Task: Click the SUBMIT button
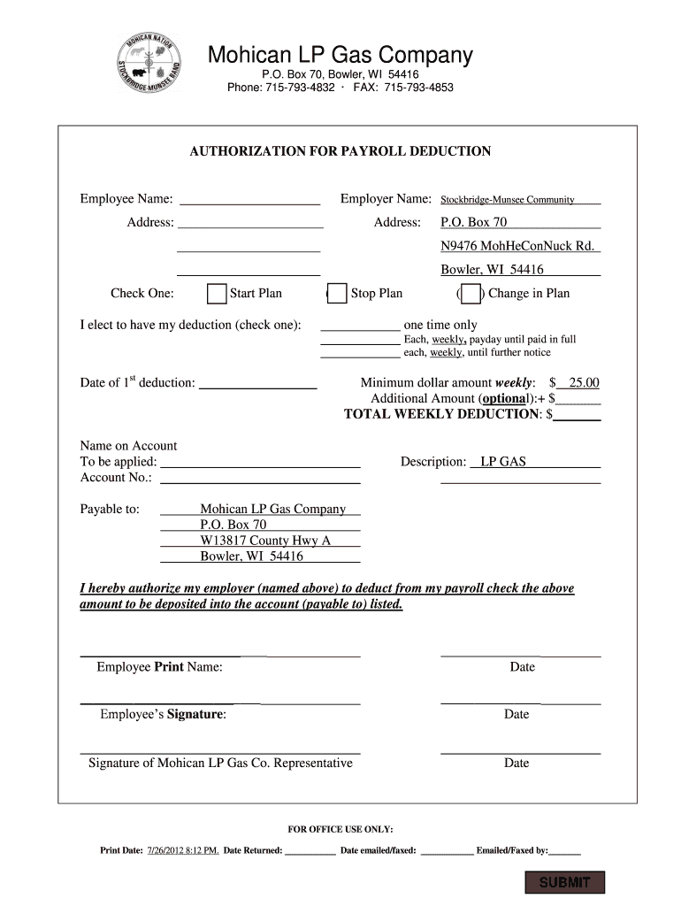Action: click(x=564, y=882)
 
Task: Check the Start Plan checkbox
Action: click(x=216, y=294)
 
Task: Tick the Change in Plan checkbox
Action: click(x=471, y=294)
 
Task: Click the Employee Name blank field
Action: click(x=249, y=199)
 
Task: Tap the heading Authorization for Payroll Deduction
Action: click(x=340, y=151)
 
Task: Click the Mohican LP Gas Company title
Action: click(x=340, y=56)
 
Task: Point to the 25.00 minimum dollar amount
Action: click(x=583, y=383)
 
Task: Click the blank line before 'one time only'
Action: click(x=360, y=325)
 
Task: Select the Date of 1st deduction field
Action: click(x=258, y=383)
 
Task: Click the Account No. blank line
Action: click(x=258, y=478)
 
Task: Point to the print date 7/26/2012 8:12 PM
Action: click(x=183, y=851)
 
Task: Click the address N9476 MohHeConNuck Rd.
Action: click(x=517, y=246)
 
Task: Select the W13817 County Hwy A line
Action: click(x=265, y=541)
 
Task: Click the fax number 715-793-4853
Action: click(x=418, y=88)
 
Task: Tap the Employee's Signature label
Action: click(x=163, y=714)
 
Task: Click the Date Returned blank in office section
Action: click(x=310, y=851)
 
